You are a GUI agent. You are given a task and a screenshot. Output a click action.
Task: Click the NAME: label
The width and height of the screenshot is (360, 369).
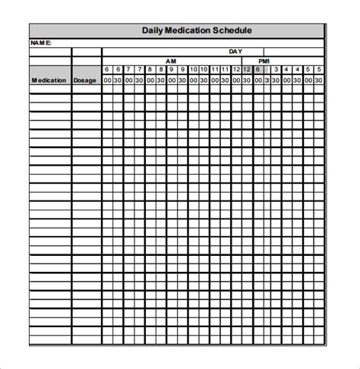(x=41, y=43)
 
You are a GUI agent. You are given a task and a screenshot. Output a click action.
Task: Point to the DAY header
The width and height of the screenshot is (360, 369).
(x=236, y=52)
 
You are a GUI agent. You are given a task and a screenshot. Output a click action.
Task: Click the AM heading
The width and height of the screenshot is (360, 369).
(x=172, y=61)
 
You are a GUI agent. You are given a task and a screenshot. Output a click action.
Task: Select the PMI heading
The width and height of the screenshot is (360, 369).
(x=264, y=61)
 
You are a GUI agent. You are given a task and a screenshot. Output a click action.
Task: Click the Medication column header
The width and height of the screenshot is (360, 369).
(x=50, y=80)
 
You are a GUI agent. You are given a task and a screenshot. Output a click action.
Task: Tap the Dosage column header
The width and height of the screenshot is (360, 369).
(x=86, y=80)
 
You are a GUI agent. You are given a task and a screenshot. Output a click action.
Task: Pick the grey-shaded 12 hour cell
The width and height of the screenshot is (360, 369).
(x=247, y=69)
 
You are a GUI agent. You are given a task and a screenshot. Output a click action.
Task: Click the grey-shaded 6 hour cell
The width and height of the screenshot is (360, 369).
(x=257, y=69)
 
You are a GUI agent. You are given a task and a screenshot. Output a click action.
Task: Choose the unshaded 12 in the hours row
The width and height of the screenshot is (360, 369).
(x=236, y=69)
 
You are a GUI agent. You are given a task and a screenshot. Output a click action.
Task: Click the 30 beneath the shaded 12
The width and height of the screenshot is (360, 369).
(x=247, y=80)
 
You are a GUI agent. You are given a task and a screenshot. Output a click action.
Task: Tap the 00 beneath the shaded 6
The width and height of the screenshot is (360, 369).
(x=257, y=80)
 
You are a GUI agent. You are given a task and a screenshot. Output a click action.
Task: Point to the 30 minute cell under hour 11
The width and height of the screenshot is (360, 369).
(x=226, y=80)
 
